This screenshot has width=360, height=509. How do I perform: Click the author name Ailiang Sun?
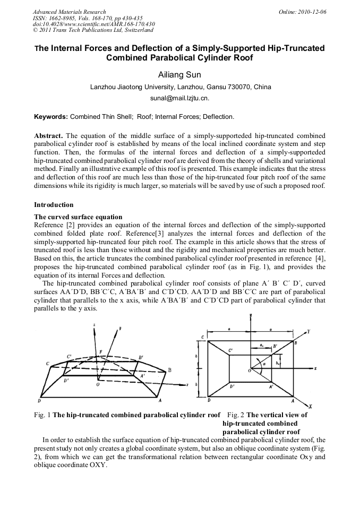(x=180, y=74)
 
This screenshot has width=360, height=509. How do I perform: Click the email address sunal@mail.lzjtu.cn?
(x=180, y=98)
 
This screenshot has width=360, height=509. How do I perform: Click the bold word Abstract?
(x=49, y=135)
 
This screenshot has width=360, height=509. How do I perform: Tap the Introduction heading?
(x=54, y=204)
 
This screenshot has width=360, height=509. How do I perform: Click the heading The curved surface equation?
(x=78, y=217)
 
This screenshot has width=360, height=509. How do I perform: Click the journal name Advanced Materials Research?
(x=69, y=12)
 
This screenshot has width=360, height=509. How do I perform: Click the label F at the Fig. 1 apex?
(x=101, y=351)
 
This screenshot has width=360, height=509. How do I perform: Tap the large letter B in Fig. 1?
(x=169, y=369)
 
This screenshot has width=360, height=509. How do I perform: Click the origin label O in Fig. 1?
(x=97, y=384)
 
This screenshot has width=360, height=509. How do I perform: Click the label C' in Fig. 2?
(x=230, y=350)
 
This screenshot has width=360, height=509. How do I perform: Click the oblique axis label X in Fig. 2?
(x=310, y=406)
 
